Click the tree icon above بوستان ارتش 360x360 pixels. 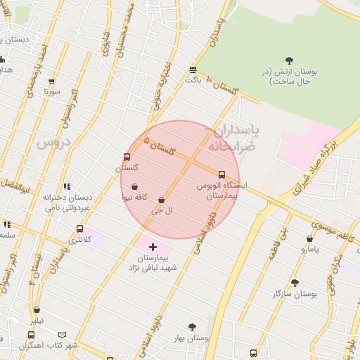289,61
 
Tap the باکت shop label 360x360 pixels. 193,79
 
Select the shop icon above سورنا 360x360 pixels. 51,82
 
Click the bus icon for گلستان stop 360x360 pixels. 127,157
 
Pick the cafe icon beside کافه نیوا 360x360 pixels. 134,186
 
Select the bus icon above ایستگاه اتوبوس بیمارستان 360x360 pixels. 221,174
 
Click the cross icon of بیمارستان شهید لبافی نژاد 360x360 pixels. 153,247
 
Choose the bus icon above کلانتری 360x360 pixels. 79,229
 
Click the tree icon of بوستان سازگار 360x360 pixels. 295,283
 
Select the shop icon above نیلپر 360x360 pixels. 37,309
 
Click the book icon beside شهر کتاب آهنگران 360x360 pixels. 63,335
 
